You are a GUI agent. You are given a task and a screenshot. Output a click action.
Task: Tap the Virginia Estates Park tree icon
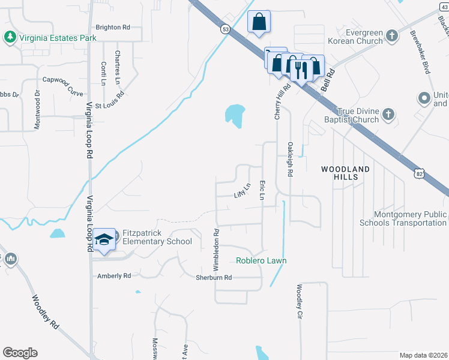pyautogui.click(x=10, y=37)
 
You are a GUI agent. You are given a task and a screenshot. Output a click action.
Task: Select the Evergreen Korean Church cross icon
pyautogui.click(x=391, y=35)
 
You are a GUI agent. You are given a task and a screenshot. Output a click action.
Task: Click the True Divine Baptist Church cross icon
pyautogui.click(x=388, y=114)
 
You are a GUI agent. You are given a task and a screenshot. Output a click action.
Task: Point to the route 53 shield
pyautogui.click(x=225, y=29)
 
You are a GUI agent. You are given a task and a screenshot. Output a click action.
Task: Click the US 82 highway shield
pyautogui.click(x=419, y=173)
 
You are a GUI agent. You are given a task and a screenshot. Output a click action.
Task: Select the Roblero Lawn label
pyautogui.click(x=261, y=260)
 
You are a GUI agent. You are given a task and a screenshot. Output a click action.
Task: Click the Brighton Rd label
pyautogui.click(x=113, y=28)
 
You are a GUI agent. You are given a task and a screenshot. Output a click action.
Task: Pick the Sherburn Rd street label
pyautogui.click(x=214, y=278)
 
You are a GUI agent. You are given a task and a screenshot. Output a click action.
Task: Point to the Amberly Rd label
pyautogui.click(x=114, y=276)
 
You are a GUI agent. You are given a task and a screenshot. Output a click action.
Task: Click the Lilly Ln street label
pyautogui.click(x=242, y=192)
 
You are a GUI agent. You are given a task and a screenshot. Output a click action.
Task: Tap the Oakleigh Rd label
pyautogui.click(x=290, y=159)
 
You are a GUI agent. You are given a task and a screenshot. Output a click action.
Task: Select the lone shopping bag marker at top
pyautogui.click(x=259, y=23)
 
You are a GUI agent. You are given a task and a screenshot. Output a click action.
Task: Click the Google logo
pyautogui.click(x=20, y=352)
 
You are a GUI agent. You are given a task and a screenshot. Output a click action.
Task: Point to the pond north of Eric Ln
pyautogui.click(x=235, y=114)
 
